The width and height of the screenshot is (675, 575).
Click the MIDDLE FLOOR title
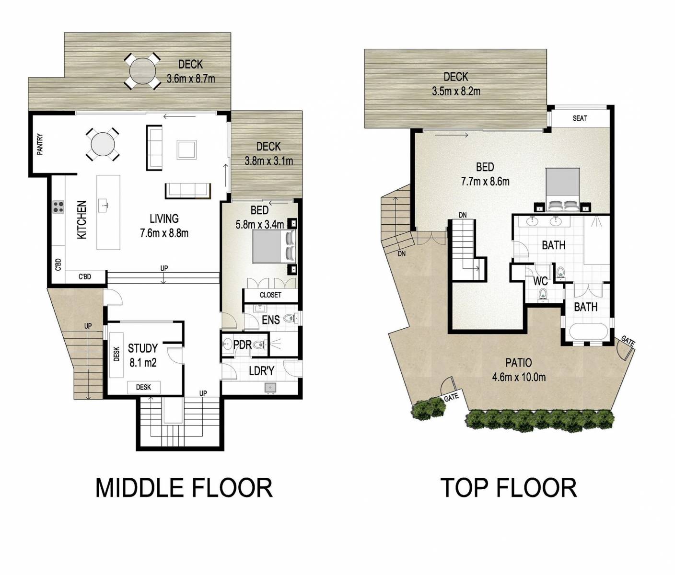coord(184,488)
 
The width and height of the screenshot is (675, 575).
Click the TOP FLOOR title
coord(509,488)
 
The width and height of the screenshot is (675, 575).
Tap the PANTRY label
coord(40,144)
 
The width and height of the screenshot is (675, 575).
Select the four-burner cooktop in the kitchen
coord(58,207)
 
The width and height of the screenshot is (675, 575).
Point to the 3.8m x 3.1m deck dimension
coord(268,161)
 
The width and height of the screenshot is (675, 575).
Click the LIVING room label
coord(164,219)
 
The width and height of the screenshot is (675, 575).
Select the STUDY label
coord(142,348)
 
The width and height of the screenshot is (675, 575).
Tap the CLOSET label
coord(270,295)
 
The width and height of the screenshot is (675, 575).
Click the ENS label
coord(270,320)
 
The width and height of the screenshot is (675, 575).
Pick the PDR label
coord(242,345)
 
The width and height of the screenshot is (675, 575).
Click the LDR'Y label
coord(261,370)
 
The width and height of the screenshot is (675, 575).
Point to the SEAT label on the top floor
coord(580,118)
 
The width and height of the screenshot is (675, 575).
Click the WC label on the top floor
coord(540,281)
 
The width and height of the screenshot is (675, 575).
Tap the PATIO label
coord(518,363)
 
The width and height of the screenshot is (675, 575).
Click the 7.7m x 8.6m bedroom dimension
coord(485,182)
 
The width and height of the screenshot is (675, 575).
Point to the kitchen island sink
coord(104,205)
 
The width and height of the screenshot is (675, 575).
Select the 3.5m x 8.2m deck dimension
coord(456,91)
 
